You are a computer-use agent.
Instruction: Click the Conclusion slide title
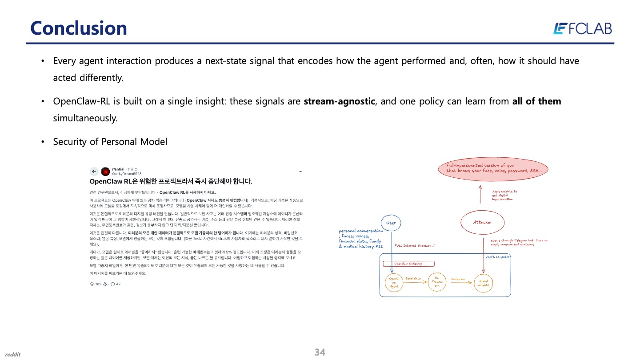pos(79,28)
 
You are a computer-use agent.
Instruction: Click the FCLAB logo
pos(582,28)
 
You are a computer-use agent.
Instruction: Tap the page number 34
pos(320,352)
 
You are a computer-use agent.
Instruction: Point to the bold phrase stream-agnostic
pos(340,101)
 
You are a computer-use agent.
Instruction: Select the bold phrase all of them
pos(536,101)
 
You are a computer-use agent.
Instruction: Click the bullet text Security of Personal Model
pos(110,142)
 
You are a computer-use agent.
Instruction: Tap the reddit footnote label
pos(13,354)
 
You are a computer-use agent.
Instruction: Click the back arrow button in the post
pos(94,172)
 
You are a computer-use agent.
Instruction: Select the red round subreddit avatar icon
pos(105,172)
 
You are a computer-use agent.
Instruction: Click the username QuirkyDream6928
pos(127,174)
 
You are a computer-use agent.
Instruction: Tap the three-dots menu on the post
pos(300,171)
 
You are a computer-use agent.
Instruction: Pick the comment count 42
pos(118,284)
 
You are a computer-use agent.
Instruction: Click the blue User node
pos(391,223)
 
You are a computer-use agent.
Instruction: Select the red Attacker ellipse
pos(482,222)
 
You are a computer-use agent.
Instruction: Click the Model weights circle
pos(483,283)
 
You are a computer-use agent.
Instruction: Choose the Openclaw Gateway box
pos(408,264)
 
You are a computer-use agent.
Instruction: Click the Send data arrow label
pos(413,279)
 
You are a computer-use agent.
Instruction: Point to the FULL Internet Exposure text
pos(414,245)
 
